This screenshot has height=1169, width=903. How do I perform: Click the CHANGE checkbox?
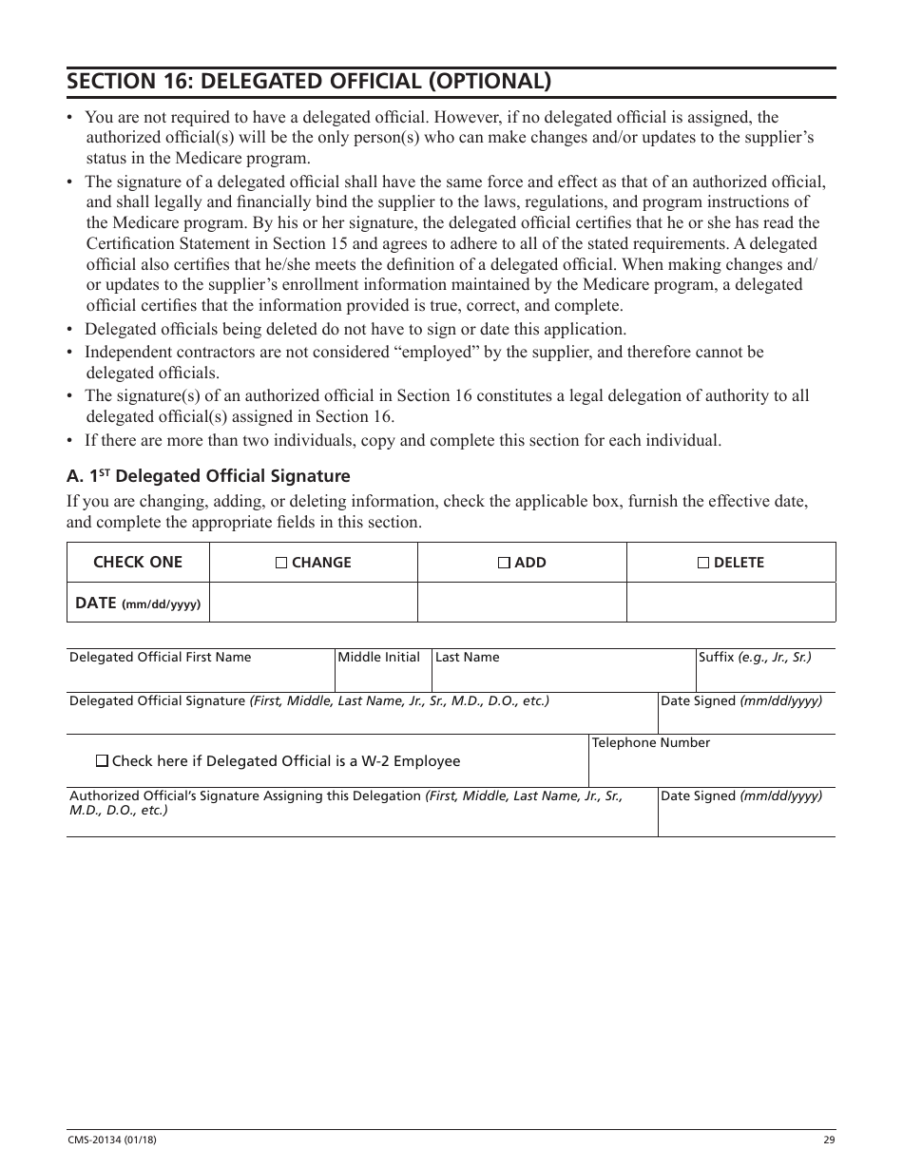point(281,563)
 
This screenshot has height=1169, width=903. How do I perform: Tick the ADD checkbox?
point(504,563)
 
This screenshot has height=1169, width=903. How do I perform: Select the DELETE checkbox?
point(703,563)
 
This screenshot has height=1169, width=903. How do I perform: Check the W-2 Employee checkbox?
point(103,761)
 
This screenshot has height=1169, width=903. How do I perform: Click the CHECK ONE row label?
point(138,562)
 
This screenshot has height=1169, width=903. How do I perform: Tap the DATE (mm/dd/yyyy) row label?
point(138,603)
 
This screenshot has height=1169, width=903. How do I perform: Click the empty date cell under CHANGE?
point(313,603)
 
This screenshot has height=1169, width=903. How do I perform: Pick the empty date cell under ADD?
point(522,603)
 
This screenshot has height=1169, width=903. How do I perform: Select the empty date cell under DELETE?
point(730,603)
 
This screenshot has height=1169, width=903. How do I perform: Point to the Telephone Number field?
point(711,767)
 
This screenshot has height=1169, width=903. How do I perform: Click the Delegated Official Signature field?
point(361,719)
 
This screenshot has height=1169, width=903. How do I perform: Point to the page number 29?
point(828,1140)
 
